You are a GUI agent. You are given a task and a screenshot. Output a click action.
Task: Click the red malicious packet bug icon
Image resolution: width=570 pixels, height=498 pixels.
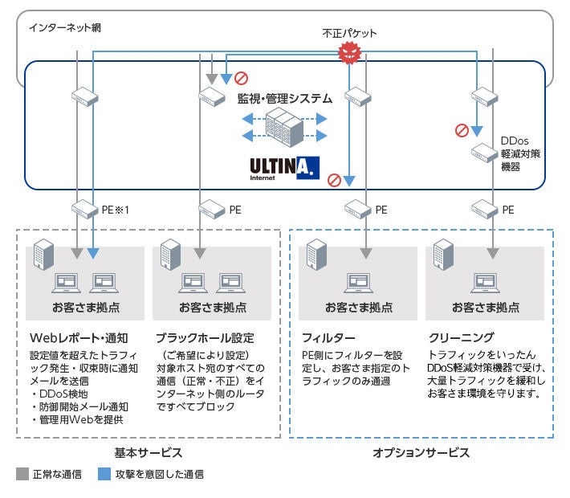click(x=348, y=53)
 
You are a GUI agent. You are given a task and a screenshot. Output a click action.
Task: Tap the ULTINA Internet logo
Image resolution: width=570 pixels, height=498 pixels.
click(x=286, y=167)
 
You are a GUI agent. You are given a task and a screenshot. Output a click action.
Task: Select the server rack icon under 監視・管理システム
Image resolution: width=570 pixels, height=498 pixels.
click(x=286, y=125)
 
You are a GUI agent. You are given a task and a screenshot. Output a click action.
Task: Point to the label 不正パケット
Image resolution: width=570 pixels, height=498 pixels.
click(x=348, y=33)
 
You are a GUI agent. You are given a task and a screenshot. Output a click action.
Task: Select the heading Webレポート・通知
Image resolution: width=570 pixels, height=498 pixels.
click(x=73, y=337)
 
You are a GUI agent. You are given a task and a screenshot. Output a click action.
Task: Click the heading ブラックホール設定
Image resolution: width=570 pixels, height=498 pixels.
click(x=204, y=337)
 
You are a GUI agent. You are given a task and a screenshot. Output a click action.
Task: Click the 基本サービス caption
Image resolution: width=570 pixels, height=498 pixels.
click(x=149, y=453)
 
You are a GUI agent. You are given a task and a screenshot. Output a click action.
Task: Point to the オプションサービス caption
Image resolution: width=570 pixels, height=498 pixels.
click(x=421, y=453)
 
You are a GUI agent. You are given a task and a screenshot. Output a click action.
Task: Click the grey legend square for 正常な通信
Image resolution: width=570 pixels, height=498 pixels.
click(x=22, y=475)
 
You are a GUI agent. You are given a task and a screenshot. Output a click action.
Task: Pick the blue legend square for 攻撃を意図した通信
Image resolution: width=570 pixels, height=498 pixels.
click(x=104, y=475)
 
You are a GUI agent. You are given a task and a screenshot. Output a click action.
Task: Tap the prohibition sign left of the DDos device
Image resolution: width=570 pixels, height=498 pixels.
click(x=462, y=130)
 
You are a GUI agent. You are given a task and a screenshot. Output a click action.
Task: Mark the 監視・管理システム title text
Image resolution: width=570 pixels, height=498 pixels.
click(x=284, y=98)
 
